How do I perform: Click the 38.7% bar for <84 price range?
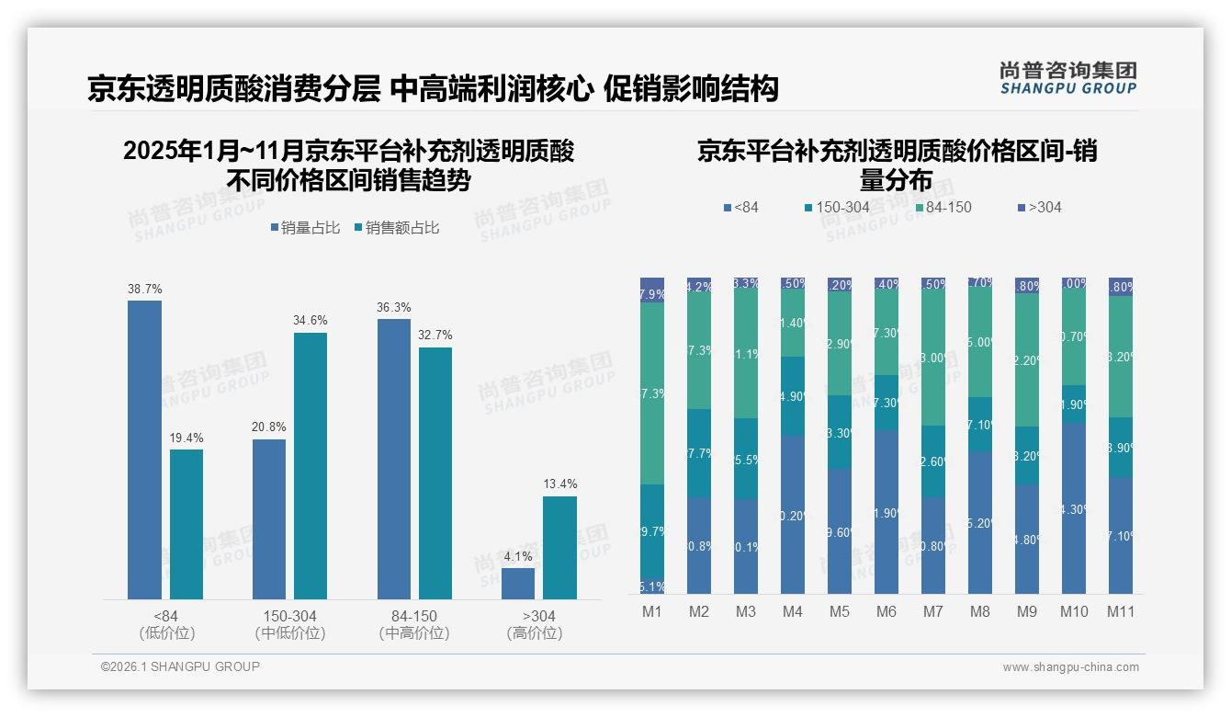pos(144,450)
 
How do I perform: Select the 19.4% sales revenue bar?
pos(186,524)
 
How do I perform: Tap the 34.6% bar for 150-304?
pos(311,466)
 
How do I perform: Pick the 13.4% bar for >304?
pos(559,548)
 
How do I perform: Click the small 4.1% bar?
pos(518,584)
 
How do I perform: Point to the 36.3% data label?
pos(393,307)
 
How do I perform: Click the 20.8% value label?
pos(268,427)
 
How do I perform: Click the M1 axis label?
pos(651,611)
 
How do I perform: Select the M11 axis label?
pos(1120,611)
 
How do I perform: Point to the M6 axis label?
pos(886,611)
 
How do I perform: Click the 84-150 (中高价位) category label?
pos(413,624)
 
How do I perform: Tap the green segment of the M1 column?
pos(652,393)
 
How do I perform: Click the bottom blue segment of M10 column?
pos(1073,508)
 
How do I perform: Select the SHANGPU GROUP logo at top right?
pos(1067,78)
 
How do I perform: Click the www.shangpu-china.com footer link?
pos(1070,667)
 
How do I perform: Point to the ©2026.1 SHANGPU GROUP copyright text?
pos(180,666)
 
